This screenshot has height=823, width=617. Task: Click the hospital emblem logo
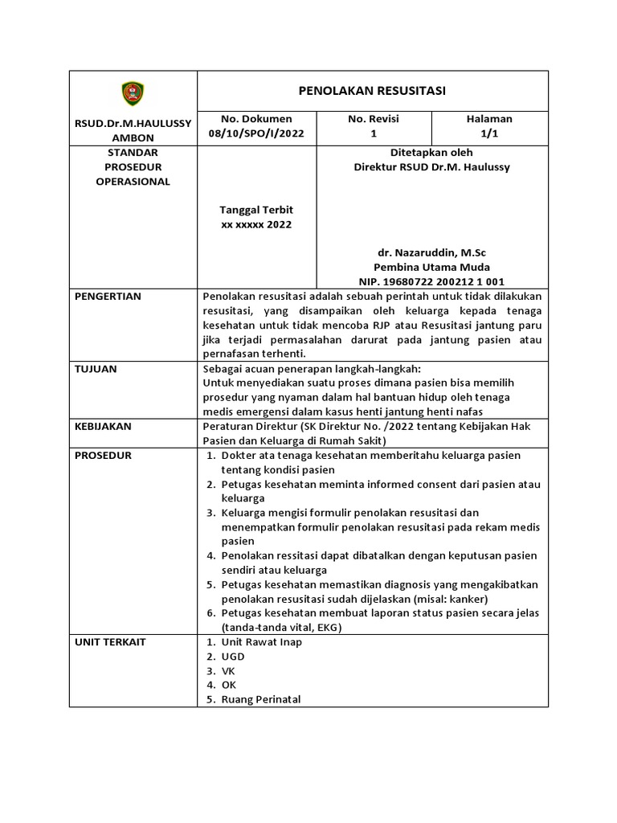(x=133, y=93)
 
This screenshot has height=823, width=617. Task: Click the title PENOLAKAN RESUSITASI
(x=372, y=90)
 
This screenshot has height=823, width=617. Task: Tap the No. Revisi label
(x=373, y=119)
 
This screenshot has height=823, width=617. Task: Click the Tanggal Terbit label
(x=256, y=210)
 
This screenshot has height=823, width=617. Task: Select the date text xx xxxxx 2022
(x=256, y=225)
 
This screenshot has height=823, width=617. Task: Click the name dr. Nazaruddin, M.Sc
(x=431, y=252)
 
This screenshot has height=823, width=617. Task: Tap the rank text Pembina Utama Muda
(x=431, y=267)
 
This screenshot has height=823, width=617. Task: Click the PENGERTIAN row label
(x=108, y=297)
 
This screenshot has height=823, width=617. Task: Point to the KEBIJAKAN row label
(x=103, y=427)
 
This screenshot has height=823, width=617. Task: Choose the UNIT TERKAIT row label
(x=110, y=642)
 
